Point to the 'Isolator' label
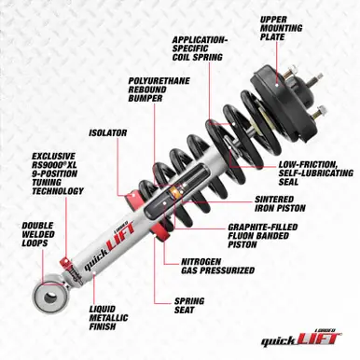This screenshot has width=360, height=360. pyautogui.click(x=108, y=132)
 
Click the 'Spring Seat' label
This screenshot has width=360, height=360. pyautogui.click(x=191, y=307)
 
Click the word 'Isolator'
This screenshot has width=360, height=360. pyautogui.click(x=108, y=132)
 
